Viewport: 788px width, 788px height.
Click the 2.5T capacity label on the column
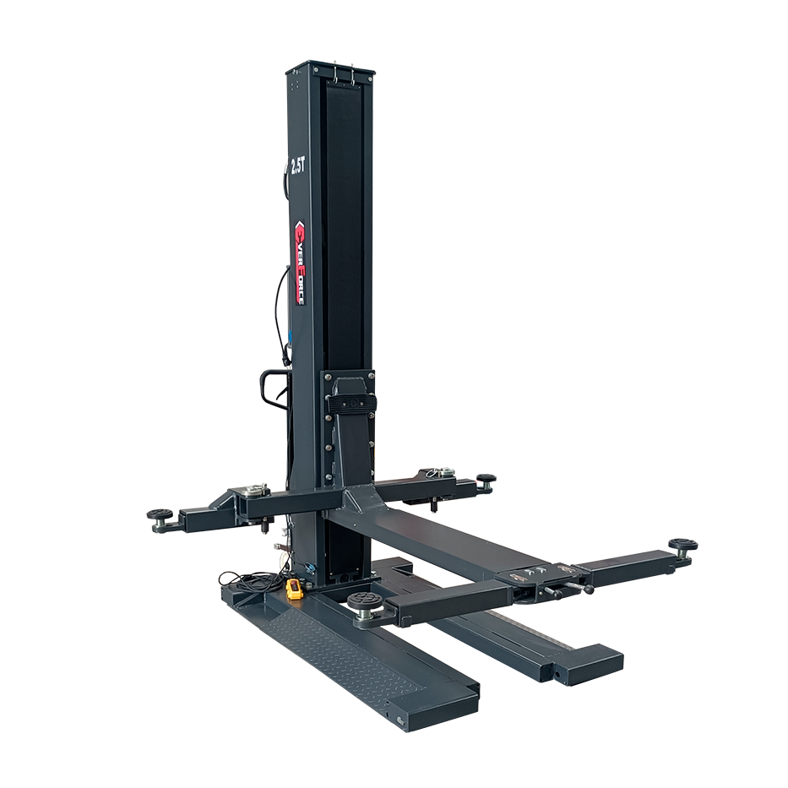click(x=298, y=166)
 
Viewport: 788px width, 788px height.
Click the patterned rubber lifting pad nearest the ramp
click(x=364, y=601)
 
